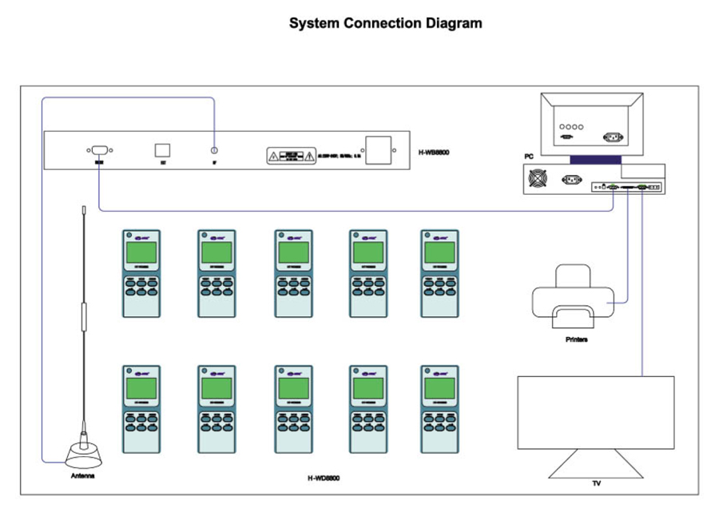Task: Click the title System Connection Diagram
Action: (385, 23)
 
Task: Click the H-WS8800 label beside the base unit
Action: (434, 152)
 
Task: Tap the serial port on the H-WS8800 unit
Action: (98, 149)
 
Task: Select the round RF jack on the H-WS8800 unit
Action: (214, 150)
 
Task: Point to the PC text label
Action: (528, 157)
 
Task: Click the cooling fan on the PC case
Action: (538, 179)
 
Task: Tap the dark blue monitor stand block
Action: (590, 160)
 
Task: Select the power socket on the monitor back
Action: (613, 137)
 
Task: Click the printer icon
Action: (573, 297)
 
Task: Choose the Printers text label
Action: (576, 339)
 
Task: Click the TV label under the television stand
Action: (597, 483)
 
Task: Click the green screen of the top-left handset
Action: (141, 252)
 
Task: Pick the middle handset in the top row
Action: (293, 273)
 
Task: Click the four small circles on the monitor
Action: (571, 126)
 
